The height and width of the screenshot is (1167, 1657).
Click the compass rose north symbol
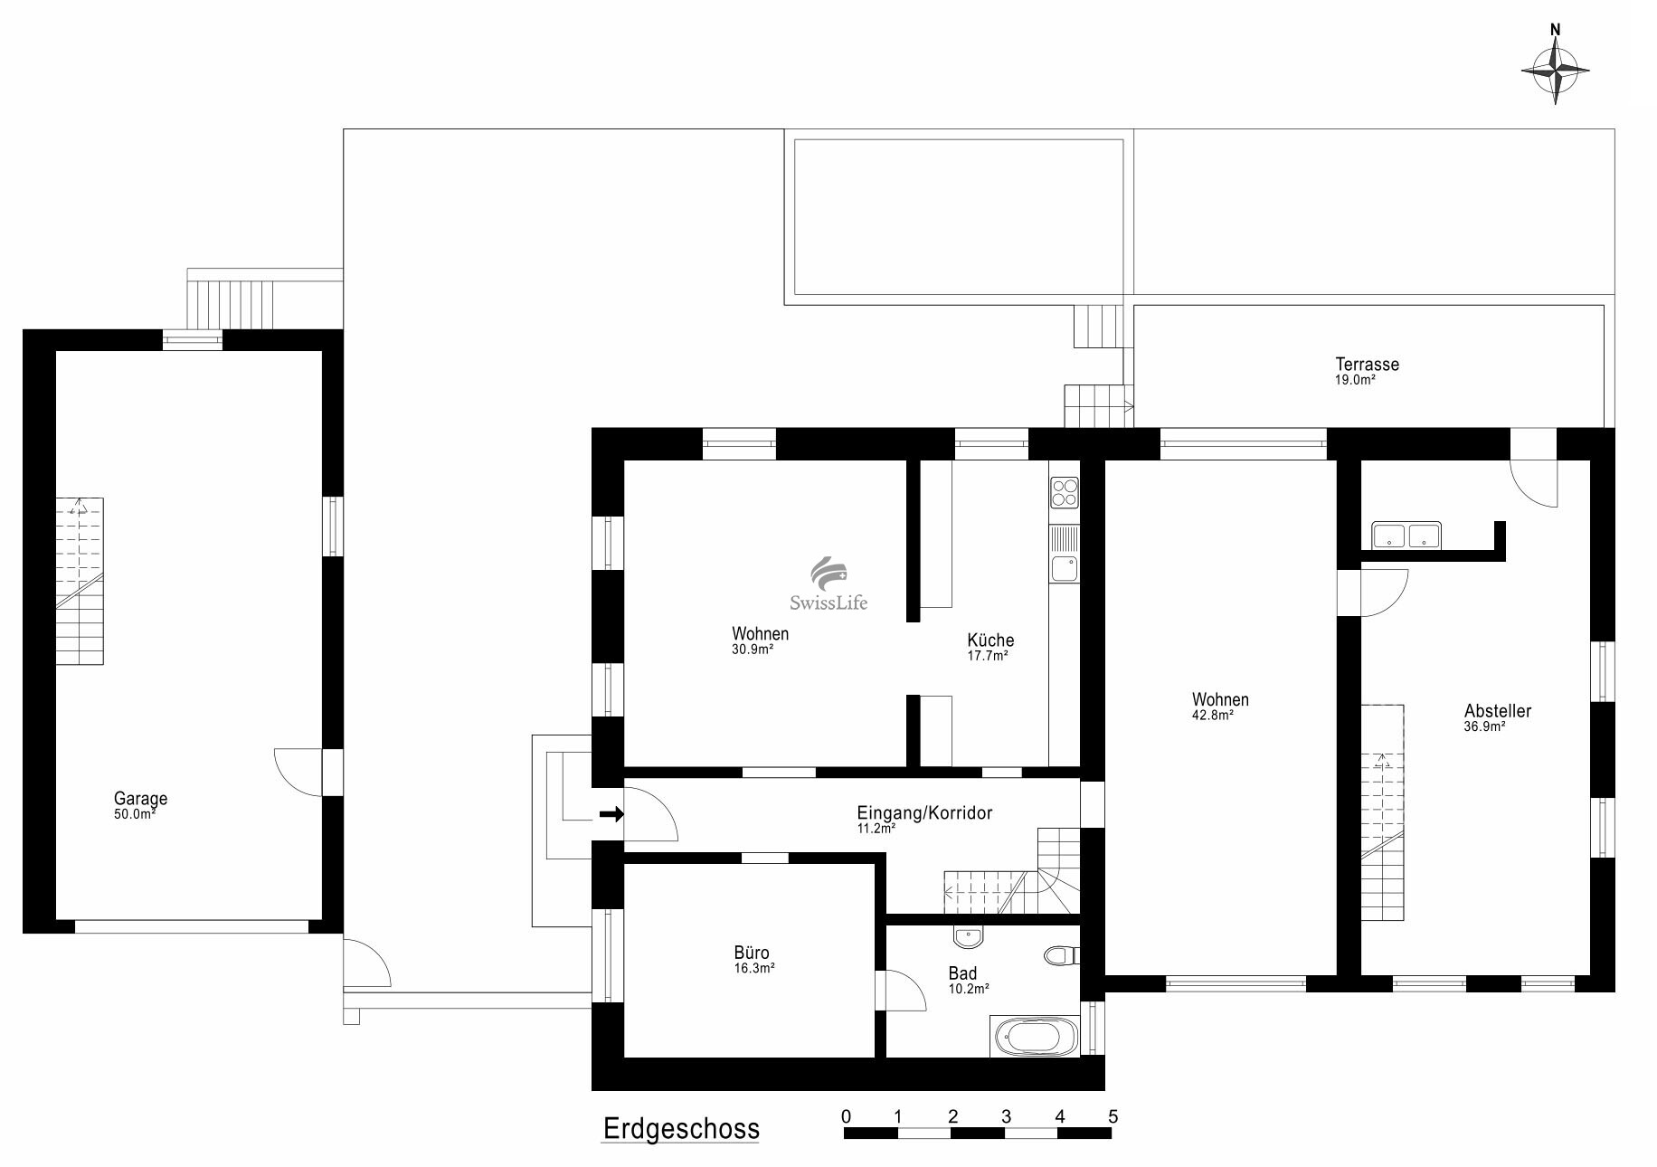point(1556,64)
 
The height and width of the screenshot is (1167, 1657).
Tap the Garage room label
point(140,799)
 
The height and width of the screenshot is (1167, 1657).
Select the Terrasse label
point(1368,365)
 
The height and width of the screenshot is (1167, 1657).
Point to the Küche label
point(990,640)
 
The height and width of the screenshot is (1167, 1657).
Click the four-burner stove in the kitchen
point(1065,493)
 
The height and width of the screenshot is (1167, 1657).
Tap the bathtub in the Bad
point(1036,1037)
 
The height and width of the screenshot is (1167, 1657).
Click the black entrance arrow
point(612,814)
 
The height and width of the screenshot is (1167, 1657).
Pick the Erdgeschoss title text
point(681,1129)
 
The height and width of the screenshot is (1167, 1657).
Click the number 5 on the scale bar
point(1113,1116)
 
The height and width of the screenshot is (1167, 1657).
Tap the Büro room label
point(752,953)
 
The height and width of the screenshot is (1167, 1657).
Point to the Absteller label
point(1498,711)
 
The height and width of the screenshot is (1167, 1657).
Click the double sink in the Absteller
point(1406,536)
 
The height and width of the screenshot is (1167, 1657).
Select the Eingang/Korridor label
point(924,813)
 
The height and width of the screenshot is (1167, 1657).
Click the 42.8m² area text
point(1213,715)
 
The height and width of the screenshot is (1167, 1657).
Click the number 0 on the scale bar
point(847,1116)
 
